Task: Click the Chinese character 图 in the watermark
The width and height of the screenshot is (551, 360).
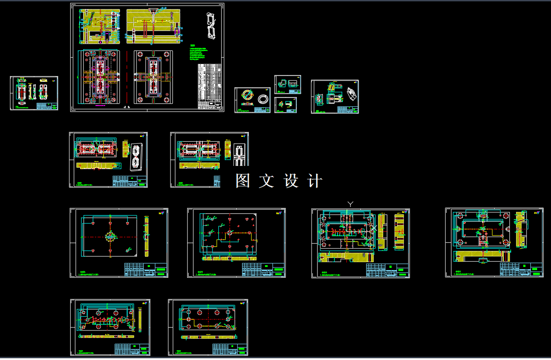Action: coord(242,181)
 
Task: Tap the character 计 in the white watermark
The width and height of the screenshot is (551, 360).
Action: coord(315,181)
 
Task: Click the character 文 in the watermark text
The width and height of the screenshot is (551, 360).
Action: coord(266,181)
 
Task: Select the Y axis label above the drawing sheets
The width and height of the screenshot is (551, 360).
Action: coord(350,204)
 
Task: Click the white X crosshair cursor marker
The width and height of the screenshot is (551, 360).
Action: coord(374,228)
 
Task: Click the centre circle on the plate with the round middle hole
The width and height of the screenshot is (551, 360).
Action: coord(110,236)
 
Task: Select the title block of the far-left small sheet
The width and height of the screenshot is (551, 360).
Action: coord(47,106)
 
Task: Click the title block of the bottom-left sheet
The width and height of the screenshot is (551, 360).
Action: coord(132,348)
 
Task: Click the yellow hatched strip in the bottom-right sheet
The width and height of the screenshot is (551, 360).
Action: coord(209,337)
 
